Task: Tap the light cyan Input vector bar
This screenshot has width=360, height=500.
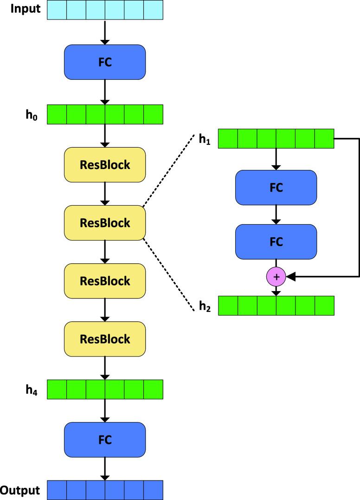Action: coord(105,10)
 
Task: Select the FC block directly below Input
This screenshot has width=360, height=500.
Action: coord(105,62)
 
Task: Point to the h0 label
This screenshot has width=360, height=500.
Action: coord(32,114)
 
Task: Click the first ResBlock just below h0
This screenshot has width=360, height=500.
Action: coord(105,165)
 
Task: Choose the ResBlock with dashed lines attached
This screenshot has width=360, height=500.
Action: coord(105,223)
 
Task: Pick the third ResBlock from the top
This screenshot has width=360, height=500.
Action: coord(105,281)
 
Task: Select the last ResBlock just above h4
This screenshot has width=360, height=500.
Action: coord(105,339)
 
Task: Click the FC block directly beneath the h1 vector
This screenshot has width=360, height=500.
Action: coord(276,188)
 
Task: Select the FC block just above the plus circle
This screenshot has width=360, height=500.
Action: coord(276,241)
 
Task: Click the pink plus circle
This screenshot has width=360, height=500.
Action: coord(276,277)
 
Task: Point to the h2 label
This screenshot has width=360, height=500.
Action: coord(204,307)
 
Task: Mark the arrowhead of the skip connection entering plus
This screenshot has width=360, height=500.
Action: coord(290,277)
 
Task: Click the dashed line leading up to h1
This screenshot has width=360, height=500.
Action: coord(167,172)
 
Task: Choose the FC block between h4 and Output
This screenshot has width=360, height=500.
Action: coord(105,439)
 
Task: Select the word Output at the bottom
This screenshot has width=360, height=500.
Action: coord(19,490)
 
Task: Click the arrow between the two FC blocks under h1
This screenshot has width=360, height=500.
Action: coord(276,214)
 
